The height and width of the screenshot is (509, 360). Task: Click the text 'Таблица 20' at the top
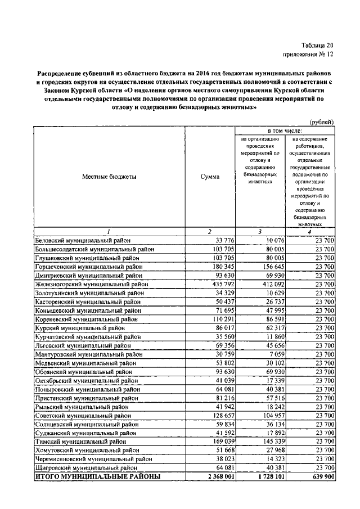pos(317,45)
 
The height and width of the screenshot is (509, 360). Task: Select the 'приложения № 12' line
pos(308,55)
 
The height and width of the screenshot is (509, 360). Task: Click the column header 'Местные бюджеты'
pos(109,177)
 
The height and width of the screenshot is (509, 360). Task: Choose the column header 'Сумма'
pos(210,177)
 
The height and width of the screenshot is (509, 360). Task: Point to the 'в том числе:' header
pos(285,130)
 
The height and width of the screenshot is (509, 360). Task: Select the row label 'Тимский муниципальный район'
pos(80,442)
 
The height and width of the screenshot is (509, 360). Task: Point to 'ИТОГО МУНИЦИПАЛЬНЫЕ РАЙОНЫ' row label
pos(98,477)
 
